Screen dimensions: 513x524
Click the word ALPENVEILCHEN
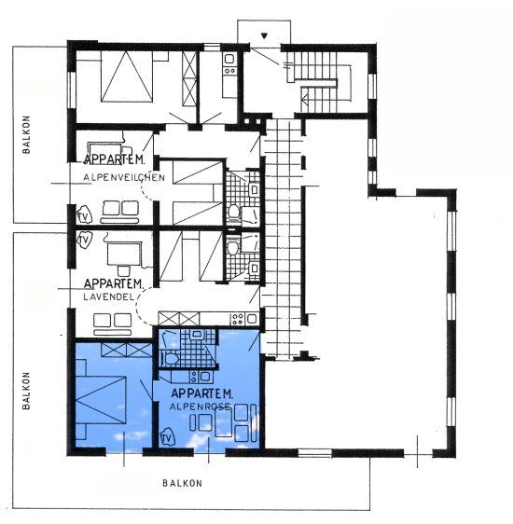(x=124, y=177)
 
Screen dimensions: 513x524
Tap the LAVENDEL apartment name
(x=108, y=296)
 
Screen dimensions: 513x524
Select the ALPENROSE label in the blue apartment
(x=200, y=407)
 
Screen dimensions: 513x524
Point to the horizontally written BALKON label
(x=183, y=483)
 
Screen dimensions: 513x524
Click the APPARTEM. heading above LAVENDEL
(x=114, y=283)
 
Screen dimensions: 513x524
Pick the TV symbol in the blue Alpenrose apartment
(x=167, y=437)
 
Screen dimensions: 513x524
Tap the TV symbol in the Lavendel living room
(x=84, y=240)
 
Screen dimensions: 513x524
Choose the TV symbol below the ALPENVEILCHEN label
(x=84, y=216)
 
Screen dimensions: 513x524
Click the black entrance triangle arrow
(x=264, y=35)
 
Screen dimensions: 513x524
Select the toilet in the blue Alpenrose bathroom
(x=170, y=359)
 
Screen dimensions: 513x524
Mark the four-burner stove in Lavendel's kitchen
(x=237, y=319)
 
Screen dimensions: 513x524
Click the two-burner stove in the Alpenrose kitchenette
(x=194, y=377)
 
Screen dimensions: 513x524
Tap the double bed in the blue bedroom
(x=101, y=400)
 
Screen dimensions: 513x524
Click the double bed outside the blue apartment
(x=127, y=76)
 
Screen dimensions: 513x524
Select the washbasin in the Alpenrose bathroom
(x=196, y=334)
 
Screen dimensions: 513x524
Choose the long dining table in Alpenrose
(x=223, y=421)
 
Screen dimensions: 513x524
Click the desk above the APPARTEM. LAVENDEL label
(x=123, y=255)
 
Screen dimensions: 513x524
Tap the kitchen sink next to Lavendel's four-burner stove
(x=252, y=319)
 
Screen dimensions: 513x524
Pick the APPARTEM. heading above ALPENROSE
(x=201, y=393)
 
